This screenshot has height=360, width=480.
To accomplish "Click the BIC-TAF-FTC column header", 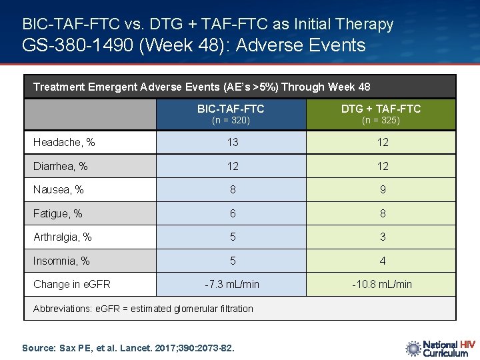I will [x=231, y=109].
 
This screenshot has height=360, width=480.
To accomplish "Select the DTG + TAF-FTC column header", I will [x=381, y=109].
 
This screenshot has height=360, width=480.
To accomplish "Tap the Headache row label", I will [x=64, y=142].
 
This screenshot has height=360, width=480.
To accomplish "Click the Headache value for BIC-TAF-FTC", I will [x=232, y=142].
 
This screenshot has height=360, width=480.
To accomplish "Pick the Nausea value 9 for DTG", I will [x=382, y=190].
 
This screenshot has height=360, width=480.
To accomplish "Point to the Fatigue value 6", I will [x=232, y=213].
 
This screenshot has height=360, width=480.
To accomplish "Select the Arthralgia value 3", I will [x=382, y=237].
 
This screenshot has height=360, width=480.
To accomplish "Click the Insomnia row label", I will [x=61, y=261].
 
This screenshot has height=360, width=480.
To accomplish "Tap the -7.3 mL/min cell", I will [x=232, y=284].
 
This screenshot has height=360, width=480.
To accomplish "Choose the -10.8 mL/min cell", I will [x=382, y=284].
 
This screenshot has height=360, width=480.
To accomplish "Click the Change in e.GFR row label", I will [x=71, y=284].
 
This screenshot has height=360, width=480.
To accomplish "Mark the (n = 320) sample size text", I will [x=231, y=121].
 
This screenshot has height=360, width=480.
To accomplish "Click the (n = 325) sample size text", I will [x=381, y=121].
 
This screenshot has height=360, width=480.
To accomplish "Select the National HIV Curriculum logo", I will [x=440, y=348].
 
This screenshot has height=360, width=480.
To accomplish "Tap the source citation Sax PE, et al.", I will [x=128, y=347].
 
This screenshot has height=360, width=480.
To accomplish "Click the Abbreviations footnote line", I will [x=143, y=309].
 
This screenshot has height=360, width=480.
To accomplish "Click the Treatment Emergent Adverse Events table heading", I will [x=201, y=87].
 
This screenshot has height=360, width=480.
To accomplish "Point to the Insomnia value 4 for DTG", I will [x=382, y=261].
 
